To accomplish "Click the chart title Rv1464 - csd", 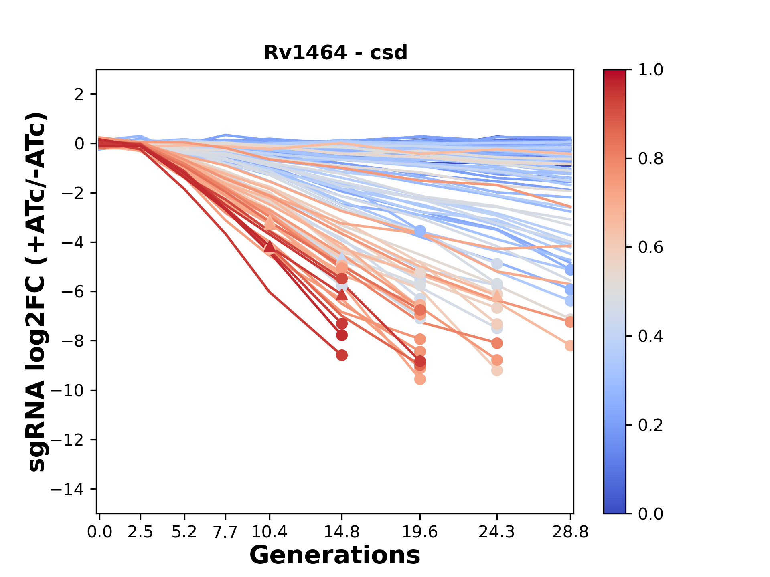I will [x=336, y=53].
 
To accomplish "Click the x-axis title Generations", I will [x=335, y=555].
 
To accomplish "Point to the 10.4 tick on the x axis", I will [x=269, y=532].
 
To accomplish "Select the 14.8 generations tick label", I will [x=342, y=532].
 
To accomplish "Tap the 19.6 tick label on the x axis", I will [x=420, y=532].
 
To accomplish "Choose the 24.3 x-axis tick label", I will [x=497, y=532].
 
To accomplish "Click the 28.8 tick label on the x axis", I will [x=570, y=532].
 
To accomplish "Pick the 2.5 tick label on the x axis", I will [x=140, y=532].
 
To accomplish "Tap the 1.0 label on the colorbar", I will [x=650, y=70].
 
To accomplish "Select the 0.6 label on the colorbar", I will [x=650, y=247].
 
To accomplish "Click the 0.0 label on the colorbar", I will [x=650, y=514].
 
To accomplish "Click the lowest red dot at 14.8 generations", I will [x=342, y=355].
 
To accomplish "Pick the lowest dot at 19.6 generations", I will [x=420, y=379].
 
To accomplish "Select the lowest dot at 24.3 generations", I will [x=497, y=371].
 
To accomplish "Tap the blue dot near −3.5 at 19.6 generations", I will [x=420, y=231].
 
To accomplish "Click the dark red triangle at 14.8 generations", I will [x=342, y=295].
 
